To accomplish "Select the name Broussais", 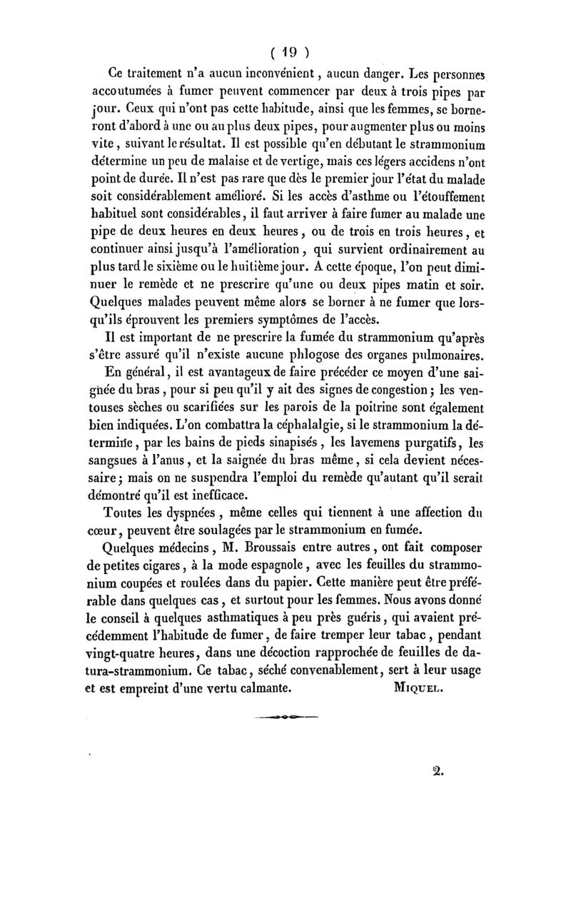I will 261,567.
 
